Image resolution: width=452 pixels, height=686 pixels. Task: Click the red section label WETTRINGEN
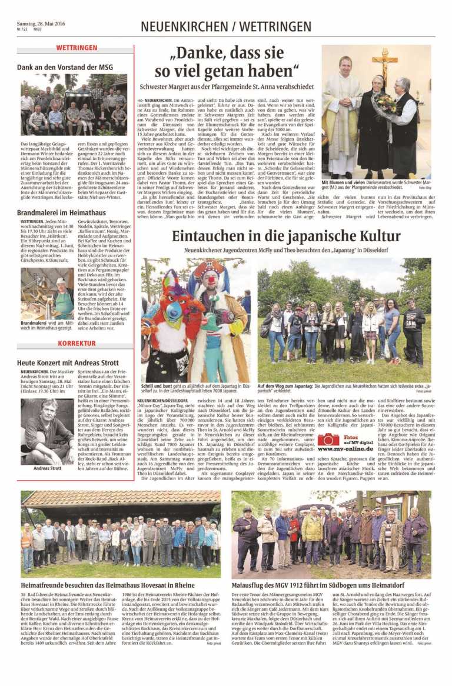click(77, 47)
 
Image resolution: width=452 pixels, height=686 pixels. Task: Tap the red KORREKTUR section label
click(77, 342)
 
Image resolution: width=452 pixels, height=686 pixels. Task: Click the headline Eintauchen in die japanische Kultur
click(286, 237)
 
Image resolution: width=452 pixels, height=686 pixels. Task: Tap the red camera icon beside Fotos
click(328, 439)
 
